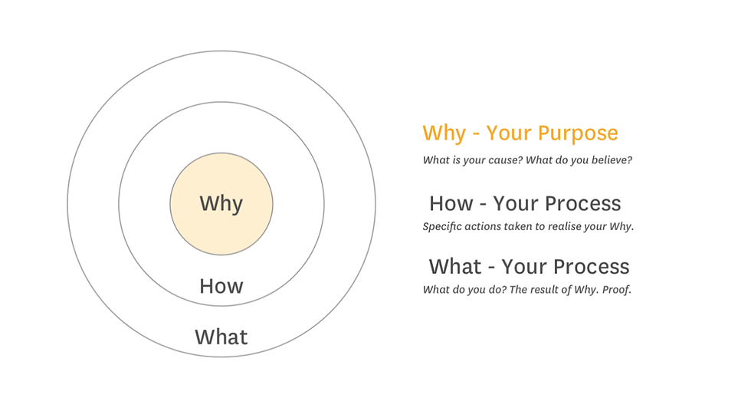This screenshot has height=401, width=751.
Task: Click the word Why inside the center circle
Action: pyautogui.click(x=221, y=204)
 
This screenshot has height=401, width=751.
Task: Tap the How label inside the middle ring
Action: pyautogui.click(x=221, y=286)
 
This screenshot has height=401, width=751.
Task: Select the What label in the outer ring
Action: pyautogui.click(x=221, y=337)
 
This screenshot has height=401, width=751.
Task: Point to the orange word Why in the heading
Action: pyautogui.click(x=444, y=133)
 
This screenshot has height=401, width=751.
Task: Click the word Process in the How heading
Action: pyautogui.click(x=589, y=204)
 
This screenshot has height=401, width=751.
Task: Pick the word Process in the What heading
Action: pyautogui.click(x=597, y=267)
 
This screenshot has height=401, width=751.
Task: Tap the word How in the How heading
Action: pyautogui.click(x=451, y=204)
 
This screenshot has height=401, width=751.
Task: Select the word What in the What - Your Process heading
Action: pyautogui.click(x=455, y=267)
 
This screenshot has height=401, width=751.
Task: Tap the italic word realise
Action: pyautogui.click(x=562, y=226)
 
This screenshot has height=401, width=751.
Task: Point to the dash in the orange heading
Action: pyautogui.click(x=476, y=135)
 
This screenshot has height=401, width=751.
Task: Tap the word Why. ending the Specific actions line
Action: pyautogui.click(x=621, y=227)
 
